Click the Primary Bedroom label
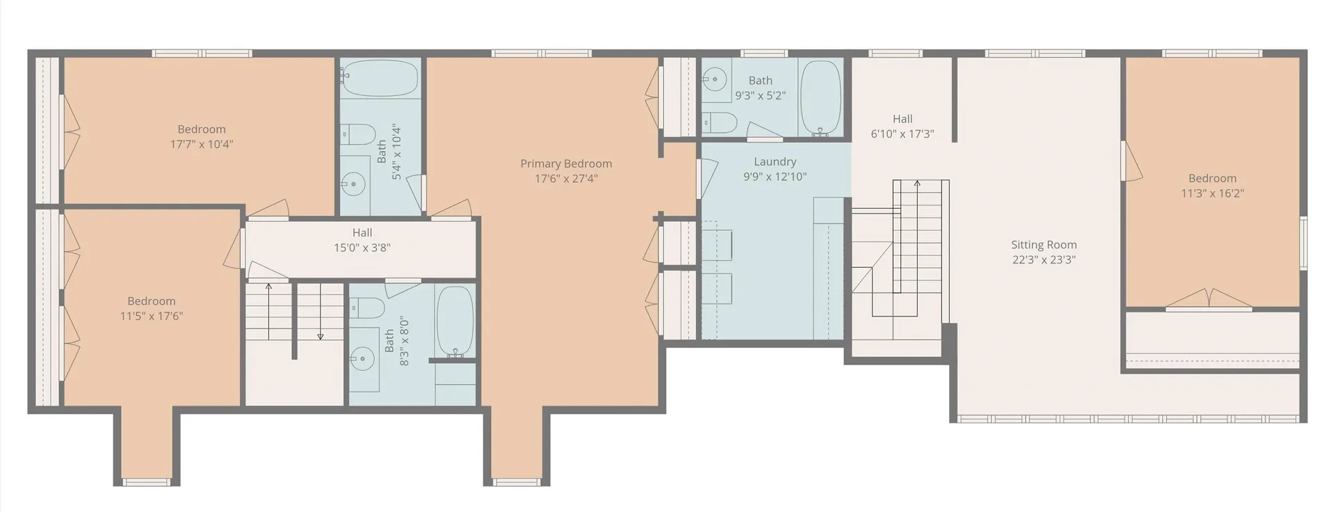pos(566,163)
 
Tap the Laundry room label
pos(775,161)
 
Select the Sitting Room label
pos(1044,245)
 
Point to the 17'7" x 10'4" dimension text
pos(202,144)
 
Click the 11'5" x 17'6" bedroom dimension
pos(152,316)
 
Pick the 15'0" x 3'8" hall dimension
pos(362,248)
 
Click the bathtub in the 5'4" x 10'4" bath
pos(380,78)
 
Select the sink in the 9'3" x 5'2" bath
pos(714,81)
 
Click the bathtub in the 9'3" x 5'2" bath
pos(820,97)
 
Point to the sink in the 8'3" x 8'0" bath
pos(362,360)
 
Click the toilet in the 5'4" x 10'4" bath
pos(357,134)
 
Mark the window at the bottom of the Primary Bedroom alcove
pos(517,482)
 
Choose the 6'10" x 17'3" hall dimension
pos(903,134)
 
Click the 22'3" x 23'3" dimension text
pos(1044,259)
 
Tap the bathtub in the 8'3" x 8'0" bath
pos(455,322)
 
